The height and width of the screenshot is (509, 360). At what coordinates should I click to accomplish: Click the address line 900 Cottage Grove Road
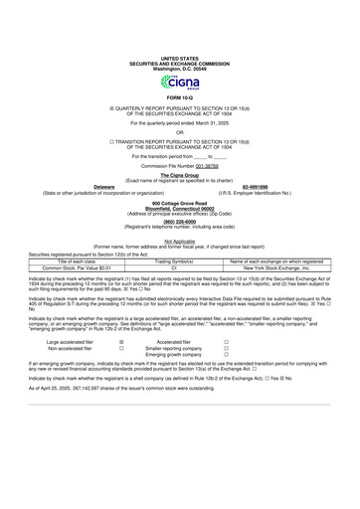(x=180, y=229)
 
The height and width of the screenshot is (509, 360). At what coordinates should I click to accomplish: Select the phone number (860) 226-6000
(x=180, y=249)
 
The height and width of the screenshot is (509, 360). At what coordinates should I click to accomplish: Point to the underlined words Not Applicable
(x=180, y=267)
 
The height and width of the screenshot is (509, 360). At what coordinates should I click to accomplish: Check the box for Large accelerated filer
(x=120, y=368)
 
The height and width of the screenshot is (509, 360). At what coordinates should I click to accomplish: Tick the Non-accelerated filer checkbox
(x=120, y=376)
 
